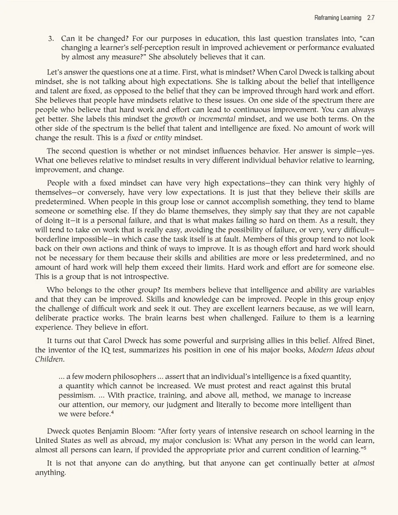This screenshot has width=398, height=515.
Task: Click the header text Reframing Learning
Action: coord(337,18)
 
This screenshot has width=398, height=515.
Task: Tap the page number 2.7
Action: coord(371,18)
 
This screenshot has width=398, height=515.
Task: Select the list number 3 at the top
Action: coord(51,39)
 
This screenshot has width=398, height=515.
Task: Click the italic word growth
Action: coord(175,119)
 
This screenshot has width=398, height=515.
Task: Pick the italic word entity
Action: coord(163,138)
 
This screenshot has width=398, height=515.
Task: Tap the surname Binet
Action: coord(365,340)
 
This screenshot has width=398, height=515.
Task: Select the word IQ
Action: coord(105,350)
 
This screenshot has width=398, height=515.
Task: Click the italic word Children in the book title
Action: coord(49,359)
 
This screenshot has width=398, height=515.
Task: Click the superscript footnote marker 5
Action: coord(365,448)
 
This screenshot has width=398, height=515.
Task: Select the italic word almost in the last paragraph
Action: coord(364,463)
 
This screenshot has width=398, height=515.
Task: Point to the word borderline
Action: coord(53,239)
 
